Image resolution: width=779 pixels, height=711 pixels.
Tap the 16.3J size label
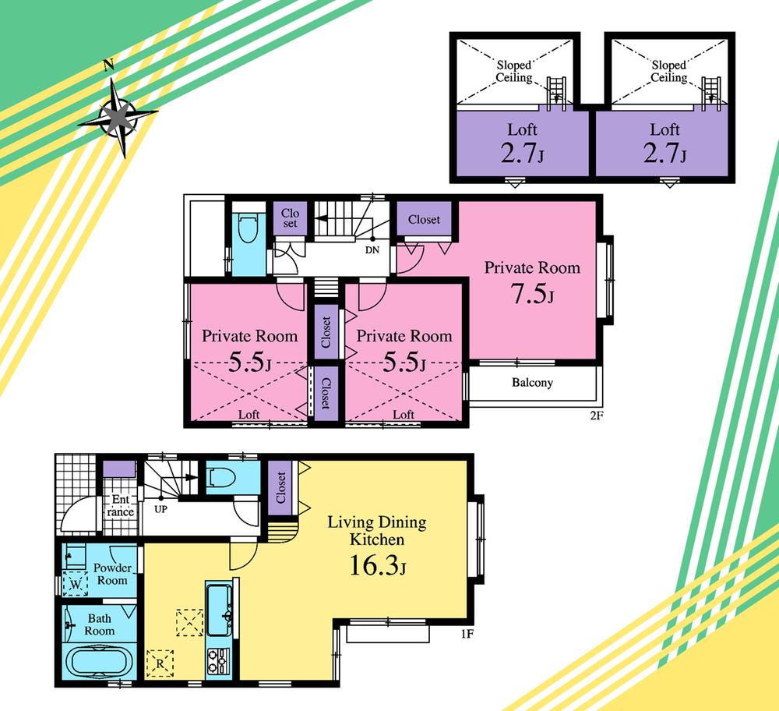pyautogui.click(x=376, y=566)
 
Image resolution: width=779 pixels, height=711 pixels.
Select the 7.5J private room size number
pyautogui.click(x=532, y=296)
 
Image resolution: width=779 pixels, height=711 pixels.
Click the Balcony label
pyautogui.click(x=532, y=383)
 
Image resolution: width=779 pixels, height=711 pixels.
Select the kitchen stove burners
pyautogui.click(x=218, y=662)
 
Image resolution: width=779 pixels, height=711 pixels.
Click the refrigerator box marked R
pyautogui.click(x=160, y=663)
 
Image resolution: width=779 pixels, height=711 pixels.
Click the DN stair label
pyautogui.click(x=372, y=251)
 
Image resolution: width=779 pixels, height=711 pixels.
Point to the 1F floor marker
pyautogui.click(x=466, y=633)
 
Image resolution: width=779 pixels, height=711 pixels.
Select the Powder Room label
pyautogui.click(x=112, y=575)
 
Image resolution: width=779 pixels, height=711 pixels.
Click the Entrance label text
pyautogui.click(x=120, y=505)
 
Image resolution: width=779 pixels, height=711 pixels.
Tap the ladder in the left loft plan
pyautogui.click(x=558, y=90)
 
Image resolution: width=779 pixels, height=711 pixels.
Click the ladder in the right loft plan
pyautogui.click(x=711, y=90)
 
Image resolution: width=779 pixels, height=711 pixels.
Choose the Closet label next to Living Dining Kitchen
pyautogui.click(x=280, y=487)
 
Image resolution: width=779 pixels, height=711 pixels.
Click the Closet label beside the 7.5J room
pyautogui.click(x=424, y=220)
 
